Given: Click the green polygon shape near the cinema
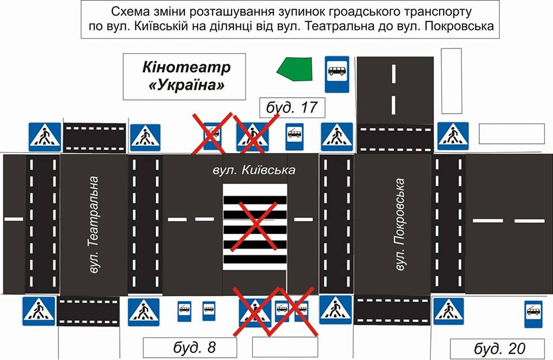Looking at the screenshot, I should [294, 69].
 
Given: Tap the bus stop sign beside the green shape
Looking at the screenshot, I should [336, 74].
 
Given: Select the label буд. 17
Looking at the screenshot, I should [293, 107].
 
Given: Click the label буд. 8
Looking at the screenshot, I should [190, 347].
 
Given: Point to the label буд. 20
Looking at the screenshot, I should [497, 348].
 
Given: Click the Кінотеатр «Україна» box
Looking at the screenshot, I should [184, 76].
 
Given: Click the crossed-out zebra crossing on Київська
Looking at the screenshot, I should [255, 227].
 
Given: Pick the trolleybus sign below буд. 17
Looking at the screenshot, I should [294, 136].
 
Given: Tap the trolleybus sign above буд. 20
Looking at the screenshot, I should [533, 314].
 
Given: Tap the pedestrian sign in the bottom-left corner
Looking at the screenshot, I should [39, 311].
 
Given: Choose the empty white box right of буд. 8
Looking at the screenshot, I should [285, 347].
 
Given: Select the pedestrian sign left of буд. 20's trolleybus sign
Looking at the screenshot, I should [448, 312].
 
